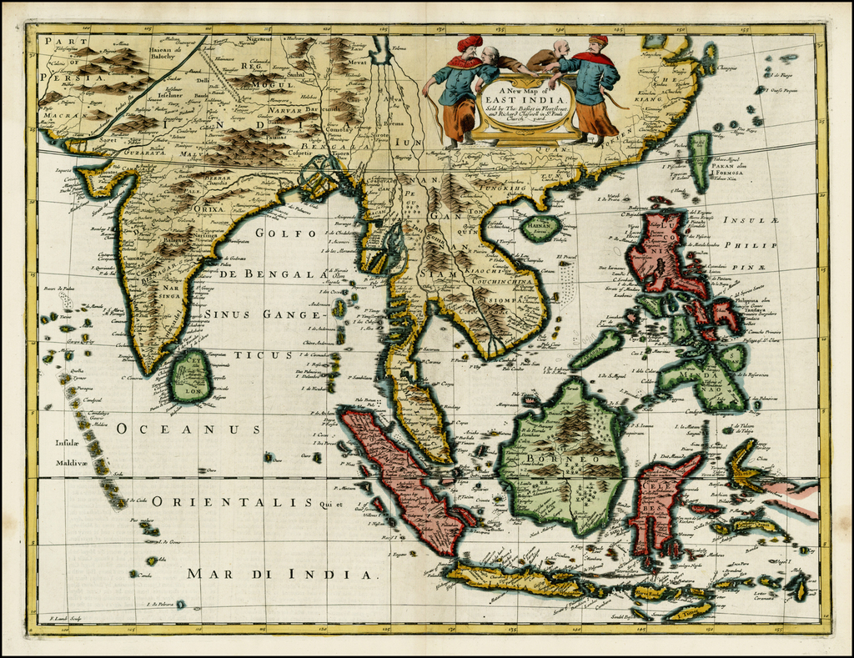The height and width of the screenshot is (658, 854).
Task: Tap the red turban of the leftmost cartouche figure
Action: click(x=470, y=43)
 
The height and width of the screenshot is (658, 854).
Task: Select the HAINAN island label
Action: click(x=540, y=225)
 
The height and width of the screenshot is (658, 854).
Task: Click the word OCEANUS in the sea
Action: click(x=189, y=429)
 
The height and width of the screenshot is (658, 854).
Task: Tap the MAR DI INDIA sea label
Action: click(x=282, y=574)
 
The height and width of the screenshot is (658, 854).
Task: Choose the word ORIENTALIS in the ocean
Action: click(x=233, y=502)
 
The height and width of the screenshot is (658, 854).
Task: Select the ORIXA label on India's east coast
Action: click(x=208, y=209)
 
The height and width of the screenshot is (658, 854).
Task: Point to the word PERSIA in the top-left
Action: click(x=63, y=72)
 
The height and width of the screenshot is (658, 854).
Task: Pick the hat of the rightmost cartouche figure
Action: click(x=598, y=39)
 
